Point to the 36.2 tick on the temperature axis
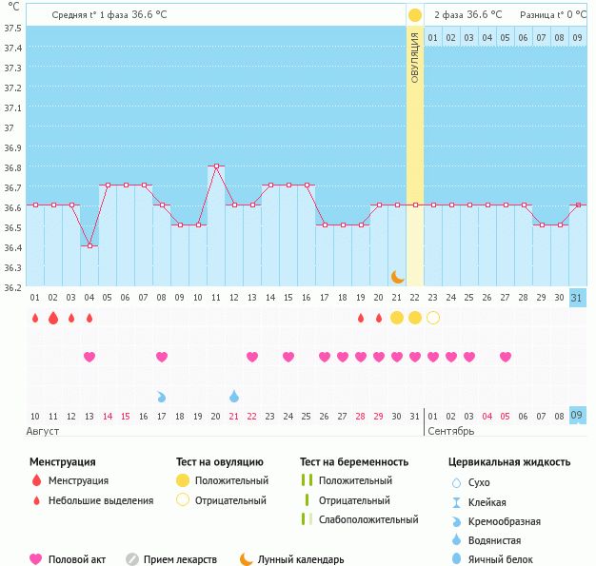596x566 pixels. [x=12, y=288]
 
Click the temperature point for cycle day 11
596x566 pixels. [x=216, y=166]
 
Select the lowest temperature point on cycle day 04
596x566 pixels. [x=89, y=245]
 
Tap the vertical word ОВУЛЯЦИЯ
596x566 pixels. [x=415, y=56]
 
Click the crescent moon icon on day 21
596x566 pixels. [x=397, y=277]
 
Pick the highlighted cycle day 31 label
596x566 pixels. [x=576, y=298]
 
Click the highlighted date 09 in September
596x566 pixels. [x=576, y=416]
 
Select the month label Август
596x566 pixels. [x=44, y=432]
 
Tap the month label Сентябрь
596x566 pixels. [x=450, y=432]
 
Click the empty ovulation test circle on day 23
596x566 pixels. [x=433, y=318]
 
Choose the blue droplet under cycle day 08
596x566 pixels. [x=162, y=396]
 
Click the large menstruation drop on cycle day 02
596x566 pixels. [x=53, y=318]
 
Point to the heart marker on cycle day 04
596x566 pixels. [x=89, y=357]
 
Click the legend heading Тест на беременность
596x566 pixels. [x=353, y=461]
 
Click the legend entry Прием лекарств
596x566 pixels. [x=180, y=559]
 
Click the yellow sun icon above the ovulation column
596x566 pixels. [x=415, y=15]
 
